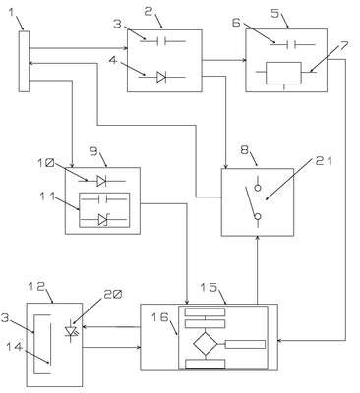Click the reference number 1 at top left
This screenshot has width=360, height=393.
12,14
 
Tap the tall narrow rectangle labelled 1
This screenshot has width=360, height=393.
24,61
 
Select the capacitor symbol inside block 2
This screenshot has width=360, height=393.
161,41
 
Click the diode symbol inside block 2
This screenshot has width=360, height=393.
161,77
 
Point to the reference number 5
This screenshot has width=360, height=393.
275,13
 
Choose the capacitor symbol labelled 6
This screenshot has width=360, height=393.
292,44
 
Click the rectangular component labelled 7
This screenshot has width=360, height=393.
283,73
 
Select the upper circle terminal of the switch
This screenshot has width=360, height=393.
258,188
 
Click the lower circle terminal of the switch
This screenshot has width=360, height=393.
258,216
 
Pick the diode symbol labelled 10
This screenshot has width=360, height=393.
101,181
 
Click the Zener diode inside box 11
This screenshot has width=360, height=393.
102,220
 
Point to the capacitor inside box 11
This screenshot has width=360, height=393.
104,198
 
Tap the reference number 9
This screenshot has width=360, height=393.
93,152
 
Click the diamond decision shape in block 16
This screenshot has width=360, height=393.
205,343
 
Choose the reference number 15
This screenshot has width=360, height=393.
209,287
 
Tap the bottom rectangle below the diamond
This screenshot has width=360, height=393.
206,364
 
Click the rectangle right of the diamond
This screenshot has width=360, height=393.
245,344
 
